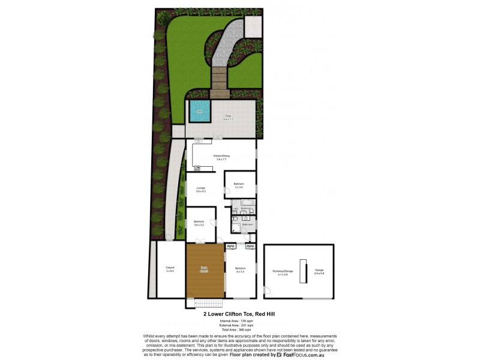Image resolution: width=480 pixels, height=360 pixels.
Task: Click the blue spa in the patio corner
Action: (x=200, y=111)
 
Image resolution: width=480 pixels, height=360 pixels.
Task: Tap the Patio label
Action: (x=229, y=116)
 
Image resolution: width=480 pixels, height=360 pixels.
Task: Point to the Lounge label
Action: (x=200, y=190)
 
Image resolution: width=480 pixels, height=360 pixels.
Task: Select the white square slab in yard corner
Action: (x=253, y=26)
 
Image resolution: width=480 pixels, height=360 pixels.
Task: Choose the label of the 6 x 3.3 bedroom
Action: (x=240, y=269)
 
